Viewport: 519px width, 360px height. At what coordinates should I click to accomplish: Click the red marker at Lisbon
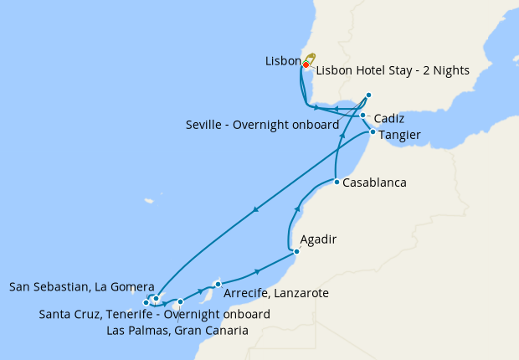(306, 64)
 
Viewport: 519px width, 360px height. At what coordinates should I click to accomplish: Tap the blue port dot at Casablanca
(336, 182)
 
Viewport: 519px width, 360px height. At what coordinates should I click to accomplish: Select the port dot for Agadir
(296, 251)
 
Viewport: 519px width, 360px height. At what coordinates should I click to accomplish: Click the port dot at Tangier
(372, 132)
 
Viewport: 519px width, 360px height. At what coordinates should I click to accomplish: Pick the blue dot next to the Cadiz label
(362, 116)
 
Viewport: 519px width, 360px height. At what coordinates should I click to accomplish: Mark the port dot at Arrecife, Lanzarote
(218, 284)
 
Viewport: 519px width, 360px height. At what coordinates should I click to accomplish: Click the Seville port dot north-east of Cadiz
(368, 95)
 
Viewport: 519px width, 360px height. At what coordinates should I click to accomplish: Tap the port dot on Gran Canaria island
(180, 301)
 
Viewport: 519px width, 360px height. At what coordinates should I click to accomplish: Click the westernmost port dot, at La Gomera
(146, 302)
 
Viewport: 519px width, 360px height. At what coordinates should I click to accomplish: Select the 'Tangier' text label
(399, 134)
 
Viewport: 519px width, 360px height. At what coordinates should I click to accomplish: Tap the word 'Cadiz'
(390, 118)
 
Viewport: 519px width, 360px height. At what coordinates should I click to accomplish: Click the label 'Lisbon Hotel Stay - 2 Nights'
(393, 70)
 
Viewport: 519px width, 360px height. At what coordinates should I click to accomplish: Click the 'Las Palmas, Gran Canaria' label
(177, 330)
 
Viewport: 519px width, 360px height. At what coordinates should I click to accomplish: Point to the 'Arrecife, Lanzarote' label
(275, 294)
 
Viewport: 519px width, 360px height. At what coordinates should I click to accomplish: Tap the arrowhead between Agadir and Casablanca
(298, 209)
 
